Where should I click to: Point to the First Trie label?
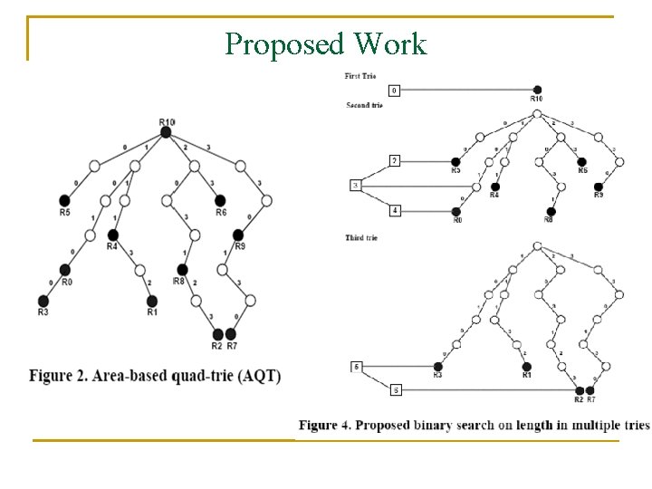(x=360, y=76)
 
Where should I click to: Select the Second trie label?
(x=364, y=105)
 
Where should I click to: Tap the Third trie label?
(x=361, y=237)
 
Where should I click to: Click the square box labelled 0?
(x=394, y=91)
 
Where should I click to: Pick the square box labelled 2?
(x=395, y=161)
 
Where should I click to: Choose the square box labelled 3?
(x=355, y=186)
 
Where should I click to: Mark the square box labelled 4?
(x=395, y=211)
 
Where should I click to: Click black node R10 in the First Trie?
(x=537, y=90)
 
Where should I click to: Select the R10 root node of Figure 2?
(x=166, y=132)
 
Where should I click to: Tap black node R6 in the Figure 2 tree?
(x=220, y=200)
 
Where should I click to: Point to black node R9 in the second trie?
(x=598, y=186)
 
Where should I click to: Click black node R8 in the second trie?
(x=550, y=211)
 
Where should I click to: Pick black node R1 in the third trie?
(x=527, y=366)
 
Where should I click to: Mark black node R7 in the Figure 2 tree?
(x=231, y=335)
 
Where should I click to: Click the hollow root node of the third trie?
(x=538, y=245)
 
